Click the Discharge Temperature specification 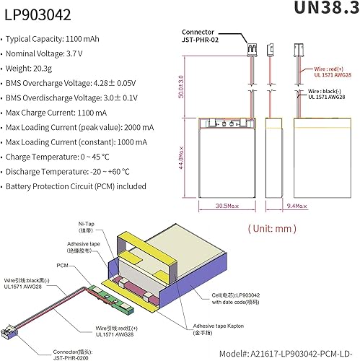click(72, 172)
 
